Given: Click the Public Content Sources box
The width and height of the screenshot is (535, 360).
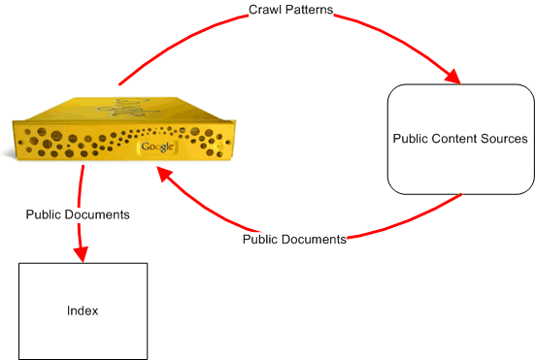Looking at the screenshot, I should (460, 139).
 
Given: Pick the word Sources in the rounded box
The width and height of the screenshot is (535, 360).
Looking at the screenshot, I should (502, 139).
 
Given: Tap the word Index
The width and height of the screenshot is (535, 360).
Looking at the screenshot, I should (83, 311).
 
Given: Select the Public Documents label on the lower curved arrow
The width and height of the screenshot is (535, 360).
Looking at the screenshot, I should (294, 239).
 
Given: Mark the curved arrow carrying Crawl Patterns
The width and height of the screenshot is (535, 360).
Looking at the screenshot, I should (194, 39).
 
